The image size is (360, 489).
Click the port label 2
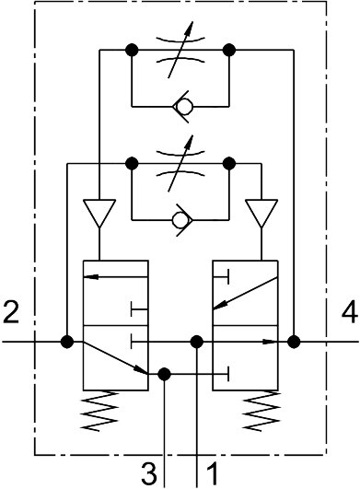11,312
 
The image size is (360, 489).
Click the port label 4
350,312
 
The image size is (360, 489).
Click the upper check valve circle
183,107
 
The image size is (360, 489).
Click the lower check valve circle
180,220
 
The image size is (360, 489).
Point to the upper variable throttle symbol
180,50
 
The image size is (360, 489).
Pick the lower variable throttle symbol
180,163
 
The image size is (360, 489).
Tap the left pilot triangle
99,213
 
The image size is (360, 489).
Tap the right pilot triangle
261,213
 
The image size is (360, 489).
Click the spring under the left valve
99,411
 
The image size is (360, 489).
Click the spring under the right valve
261,411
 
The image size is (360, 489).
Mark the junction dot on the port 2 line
67,342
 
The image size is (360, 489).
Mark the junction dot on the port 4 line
294,342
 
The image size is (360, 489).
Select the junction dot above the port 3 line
164,374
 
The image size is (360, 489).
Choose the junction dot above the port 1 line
197,342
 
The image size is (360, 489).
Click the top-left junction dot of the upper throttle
132,50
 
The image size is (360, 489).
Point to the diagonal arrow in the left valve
115,357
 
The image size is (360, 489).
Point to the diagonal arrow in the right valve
245,293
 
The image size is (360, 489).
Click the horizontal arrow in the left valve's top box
116,276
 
